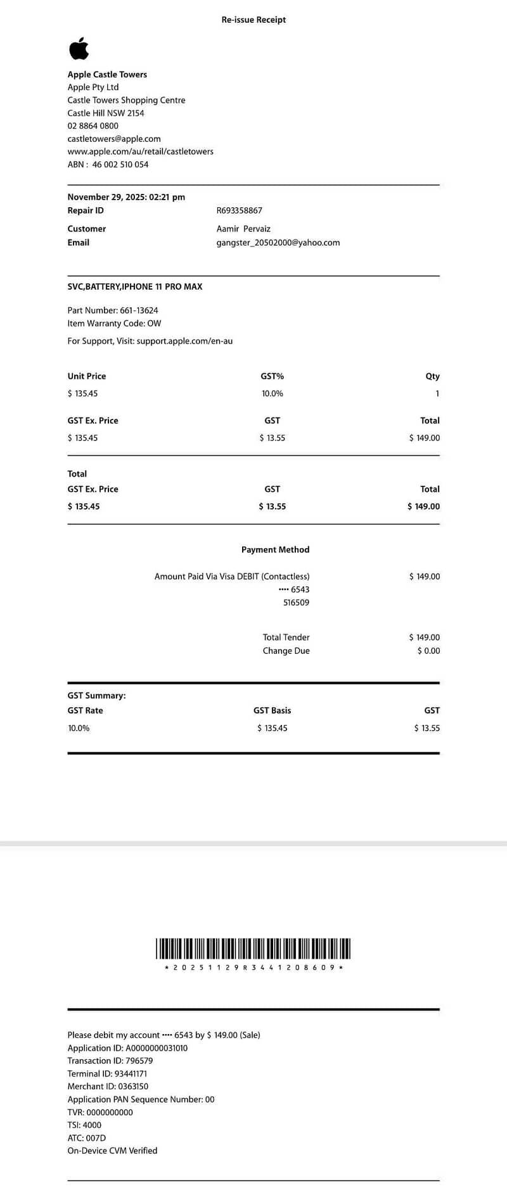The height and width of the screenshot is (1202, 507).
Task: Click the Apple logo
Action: coord(79,49)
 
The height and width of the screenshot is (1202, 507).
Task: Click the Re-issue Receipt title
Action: coord(253,20)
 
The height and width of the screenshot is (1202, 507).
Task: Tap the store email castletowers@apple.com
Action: coord(114,139)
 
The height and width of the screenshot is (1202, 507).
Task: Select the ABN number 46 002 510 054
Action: coord(120,165)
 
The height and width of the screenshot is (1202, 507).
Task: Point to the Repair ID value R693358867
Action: coord(239,210)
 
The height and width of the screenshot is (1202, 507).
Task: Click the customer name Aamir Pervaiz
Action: coord(243,229)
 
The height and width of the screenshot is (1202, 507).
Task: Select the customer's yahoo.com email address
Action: coord(278,243)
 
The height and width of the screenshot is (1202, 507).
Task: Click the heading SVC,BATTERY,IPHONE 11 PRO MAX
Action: coord(135,286)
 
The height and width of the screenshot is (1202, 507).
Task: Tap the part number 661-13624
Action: coord(139,310)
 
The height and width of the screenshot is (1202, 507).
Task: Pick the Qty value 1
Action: coord(437,393)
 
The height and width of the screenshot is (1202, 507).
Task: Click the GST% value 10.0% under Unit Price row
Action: coord(273,393)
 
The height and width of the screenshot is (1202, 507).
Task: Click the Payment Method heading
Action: coord(275,550)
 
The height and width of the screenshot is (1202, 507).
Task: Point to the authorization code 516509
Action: coord(296,603)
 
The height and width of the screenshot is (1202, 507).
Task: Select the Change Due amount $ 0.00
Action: coord(428,651)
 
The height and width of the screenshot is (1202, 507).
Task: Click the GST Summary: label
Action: coord(96,696)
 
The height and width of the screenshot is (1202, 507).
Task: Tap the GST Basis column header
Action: coord(272,711)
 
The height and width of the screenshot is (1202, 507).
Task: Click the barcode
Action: coord(253,949)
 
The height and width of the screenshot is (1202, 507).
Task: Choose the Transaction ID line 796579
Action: coord(110,1061)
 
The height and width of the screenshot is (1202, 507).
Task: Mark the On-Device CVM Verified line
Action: coord(112,1151)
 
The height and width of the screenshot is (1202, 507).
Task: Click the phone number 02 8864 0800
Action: coord(93,126)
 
